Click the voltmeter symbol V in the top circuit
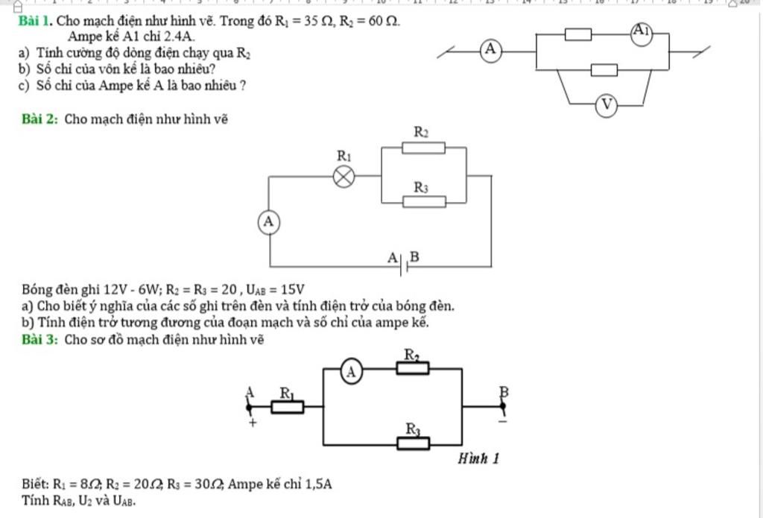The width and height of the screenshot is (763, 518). [x=607, y=106]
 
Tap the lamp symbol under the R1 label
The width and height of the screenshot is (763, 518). [x=343, y=177]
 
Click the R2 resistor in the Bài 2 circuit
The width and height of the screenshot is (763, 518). [x=424, y=148]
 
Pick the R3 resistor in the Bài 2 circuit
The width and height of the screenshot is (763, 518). [x=425, y=201]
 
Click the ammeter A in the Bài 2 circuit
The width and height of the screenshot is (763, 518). [x=269, y=221]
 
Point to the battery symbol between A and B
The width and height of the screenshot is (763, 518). [x=405, y=265]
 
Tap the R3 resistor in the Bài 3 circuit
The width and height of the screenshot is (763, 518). [x=413, y=443]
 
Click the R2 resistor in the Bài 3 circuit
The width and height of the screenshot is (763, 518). [x=413, y=367]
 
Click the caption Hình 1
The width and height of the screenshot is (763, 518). [x=478, y=458]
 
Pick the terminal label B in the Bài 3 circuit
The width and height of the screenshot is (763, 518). [x=503, y=391]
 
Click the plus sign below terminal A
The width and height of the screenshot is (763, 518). [x=252, y=423]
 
